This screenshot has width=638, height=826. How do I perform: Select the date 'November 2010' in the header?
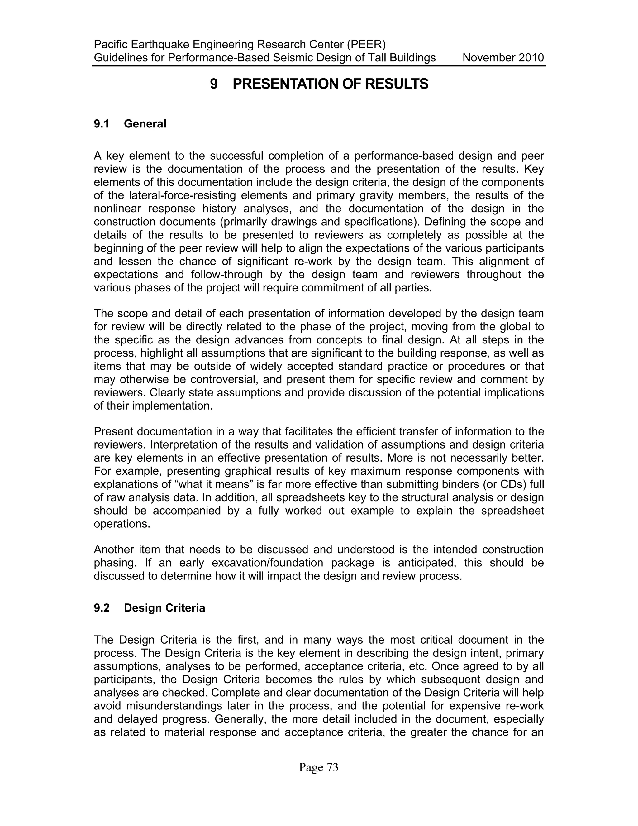pos(503,58)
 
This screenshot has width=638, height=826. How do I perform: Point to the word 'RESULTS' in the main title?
pos(397,84)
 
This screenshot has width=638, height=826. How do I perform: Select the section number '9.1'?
pos(101,124)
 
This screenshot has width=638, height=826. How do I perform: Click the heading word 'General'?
pos(145,124)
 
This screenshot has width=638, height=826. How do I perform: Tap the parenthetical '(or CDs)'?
pos(505,484)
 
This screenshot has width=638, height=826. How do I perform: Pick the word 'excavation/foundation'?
pos(267,563)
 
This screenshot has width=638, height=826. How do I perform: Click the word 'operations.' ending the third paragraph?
pos(122,524)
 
